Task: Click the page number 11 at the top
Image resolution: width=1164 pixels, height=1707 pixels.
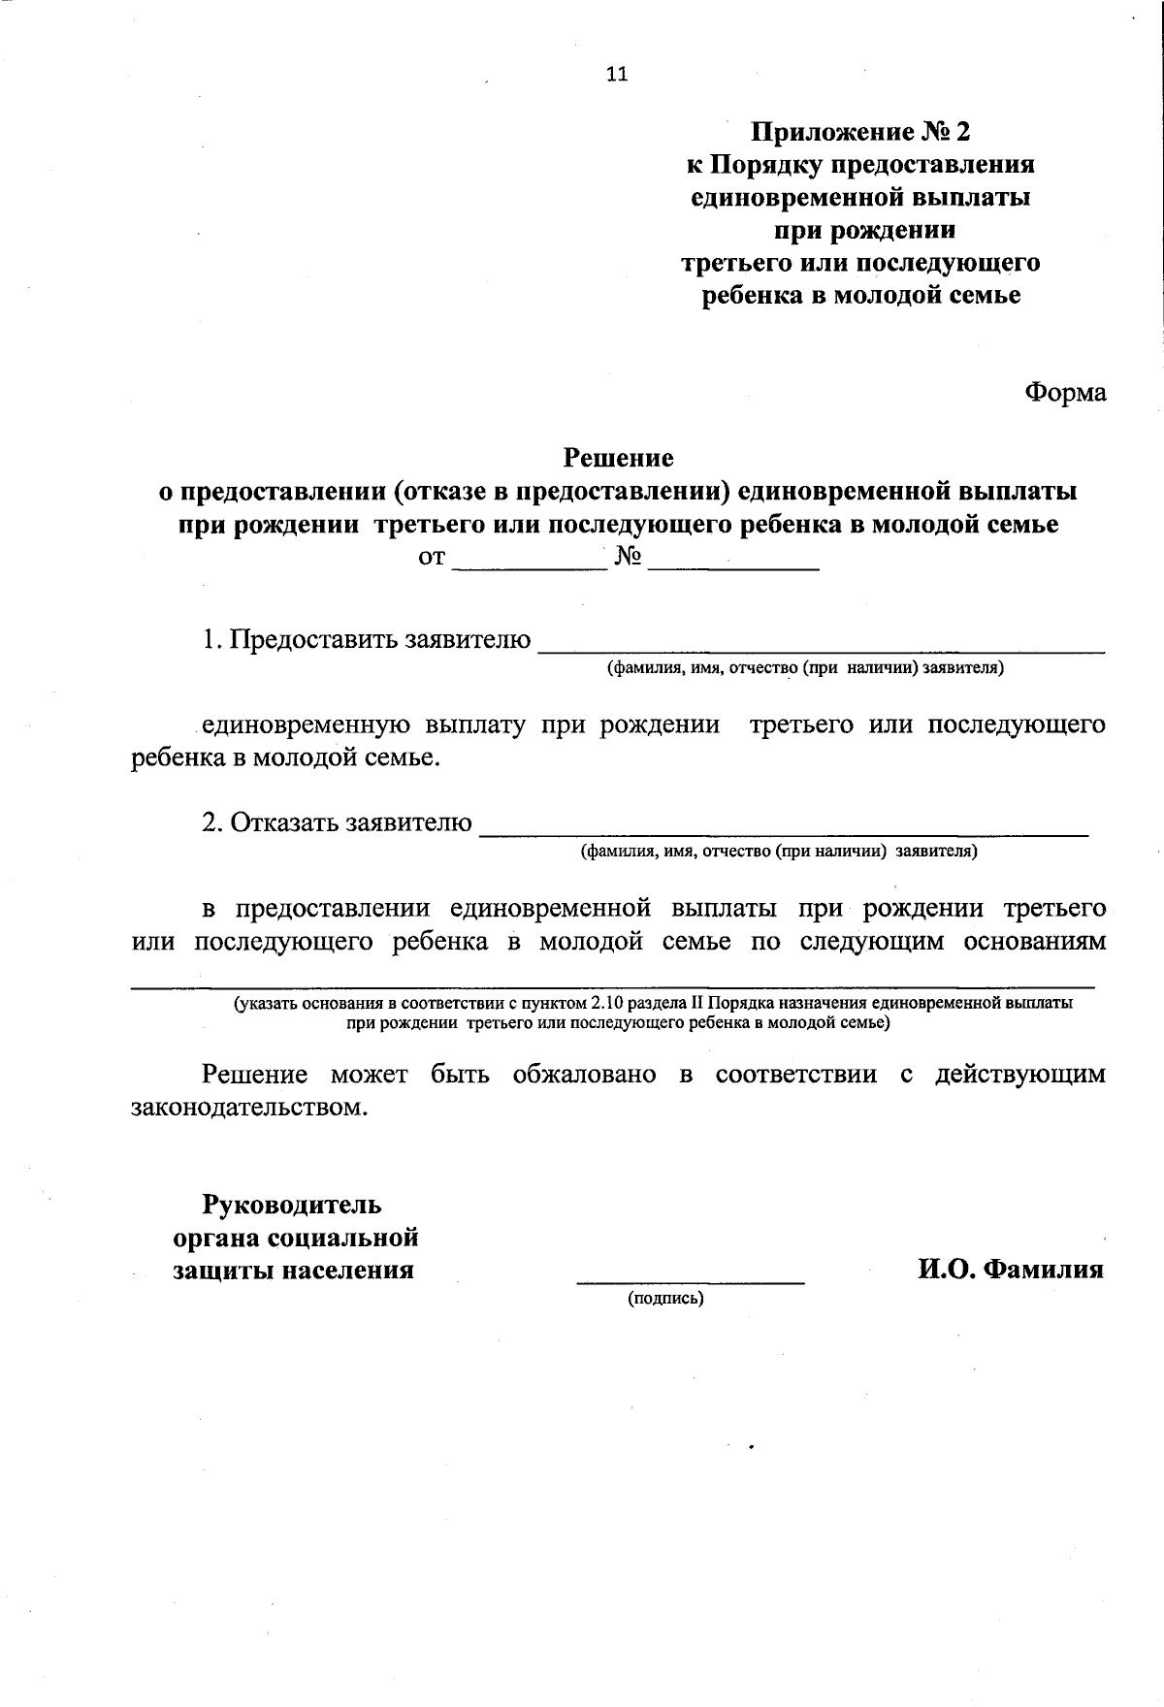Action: click(x=617, y=74)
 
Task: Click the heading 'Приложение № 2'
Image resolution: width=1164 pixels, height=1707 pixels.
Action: click(x=860, y=131)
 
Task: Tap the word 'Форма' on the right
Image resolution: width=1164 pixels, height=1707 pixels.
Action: click(x=1065, y=393)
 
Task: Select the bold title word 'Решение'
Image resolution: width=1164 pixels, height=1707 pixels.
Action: click(x=619, y=457)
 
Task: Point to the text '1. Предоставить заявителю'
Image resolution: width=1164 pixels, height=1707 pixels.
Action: click(x=367, y=640)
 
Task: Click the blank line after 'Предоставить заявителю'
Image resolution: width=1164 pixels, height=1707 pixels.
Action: click(x=821, y=644)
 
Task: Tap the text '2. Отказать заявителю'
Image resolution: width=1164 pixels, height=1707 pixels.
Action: click(x=338, y=822)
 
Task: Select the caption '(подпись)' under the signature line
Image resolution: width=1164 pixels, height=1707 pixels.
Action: click(x=665, y=1298)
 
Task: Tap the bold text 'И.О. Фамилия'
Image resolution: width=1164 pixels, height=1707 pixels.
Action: click(x=1011, y=1269)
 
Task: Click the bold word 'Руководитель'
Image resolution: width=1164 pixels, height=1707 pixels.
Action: click(x=292, y=1205)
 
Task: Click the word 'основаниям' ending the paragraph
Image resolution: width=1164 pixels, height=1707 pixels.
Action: click(x=1034, y=943)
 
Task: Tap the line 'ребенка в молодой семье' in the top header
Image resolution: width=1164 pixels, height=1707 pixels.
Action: click(x=860, y=296)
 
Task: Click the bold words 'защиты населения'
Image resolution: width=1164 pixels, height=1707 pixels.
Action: click(x=294, y=1270)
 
